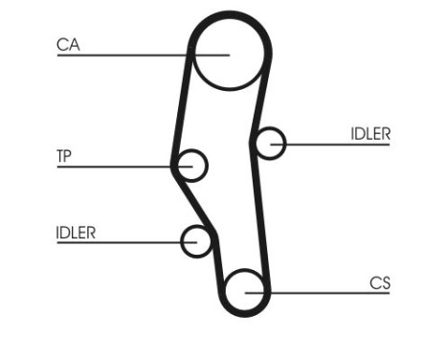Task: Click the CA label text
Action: pyautogui.click(x=68, y=44)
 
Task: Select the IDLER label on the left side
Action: pyautogui.click(x=76, y=233)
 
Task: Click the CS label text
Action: pyautogui.click(x=380, y=282)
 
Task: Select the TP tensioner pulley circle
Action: pyautogui.click(x=192, y=166)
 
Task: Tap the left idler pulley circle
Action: pyautogui.click(x=197, y=241)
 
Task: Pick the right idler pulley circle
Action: pyautogui.click(x=272, y=144)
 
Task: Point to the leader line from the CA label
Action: pyautogui.click(x=124, y=55)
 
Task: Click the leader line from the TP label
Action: pyautogui.click(x=115, y=167)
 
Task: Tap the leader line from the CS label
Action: pyautogui.click(x=325, y=291)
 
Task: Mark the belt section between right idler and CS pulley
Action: pyautogui.click(x=263, y=215)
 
